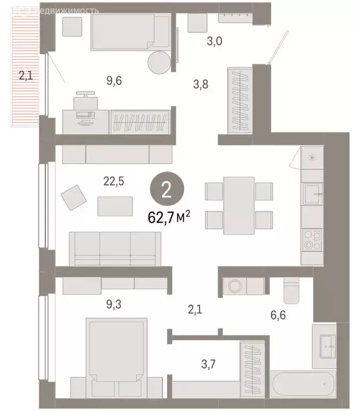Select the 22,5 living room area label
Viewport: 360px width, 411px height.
(x=113, y=181)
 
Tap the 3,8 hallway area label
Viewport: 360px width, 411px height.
(x=203, y=83)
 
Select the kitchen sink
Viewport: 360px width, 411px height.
(x=312, y=193)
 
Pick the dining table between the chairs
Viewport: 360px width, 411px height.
(x=239, y=205)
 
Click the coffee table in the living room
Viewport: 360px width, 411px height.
(x=115, y=206)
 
